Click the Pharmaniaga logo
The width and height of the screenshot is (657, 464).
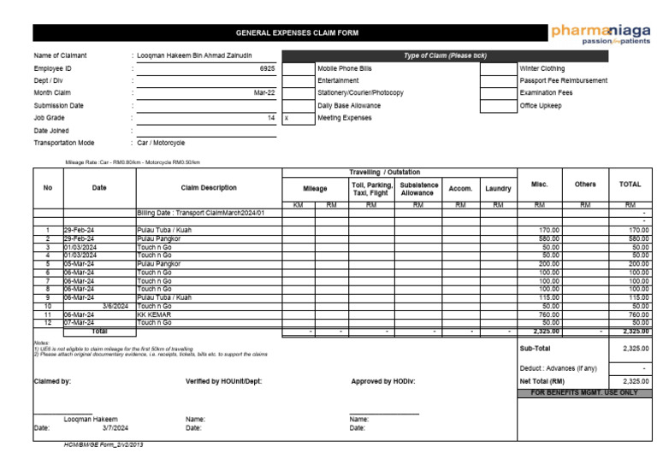601,34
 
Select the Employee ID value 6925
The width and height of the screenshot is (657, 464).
267,68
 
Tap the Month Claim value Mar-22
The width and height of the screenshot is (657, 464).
264,92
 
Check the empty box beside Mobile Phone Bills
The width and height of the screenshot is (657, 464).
298,68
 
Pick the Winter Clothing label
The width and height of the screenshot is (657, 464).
542,68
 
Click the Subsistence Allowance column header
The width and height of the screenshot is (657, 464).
417,188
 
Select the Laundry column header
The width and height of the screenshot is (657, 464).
498,188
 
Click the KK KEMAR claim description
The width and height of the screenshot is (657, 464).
154,314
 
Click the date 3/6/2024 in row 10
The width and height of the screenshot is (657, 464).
115,306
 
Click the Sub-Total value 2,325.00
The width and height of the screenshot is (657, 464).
636,349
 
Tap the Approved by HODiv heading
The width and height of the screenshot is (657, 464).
382,381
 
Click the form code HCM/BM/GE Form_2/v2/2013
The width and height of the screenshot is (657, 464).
103,446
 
